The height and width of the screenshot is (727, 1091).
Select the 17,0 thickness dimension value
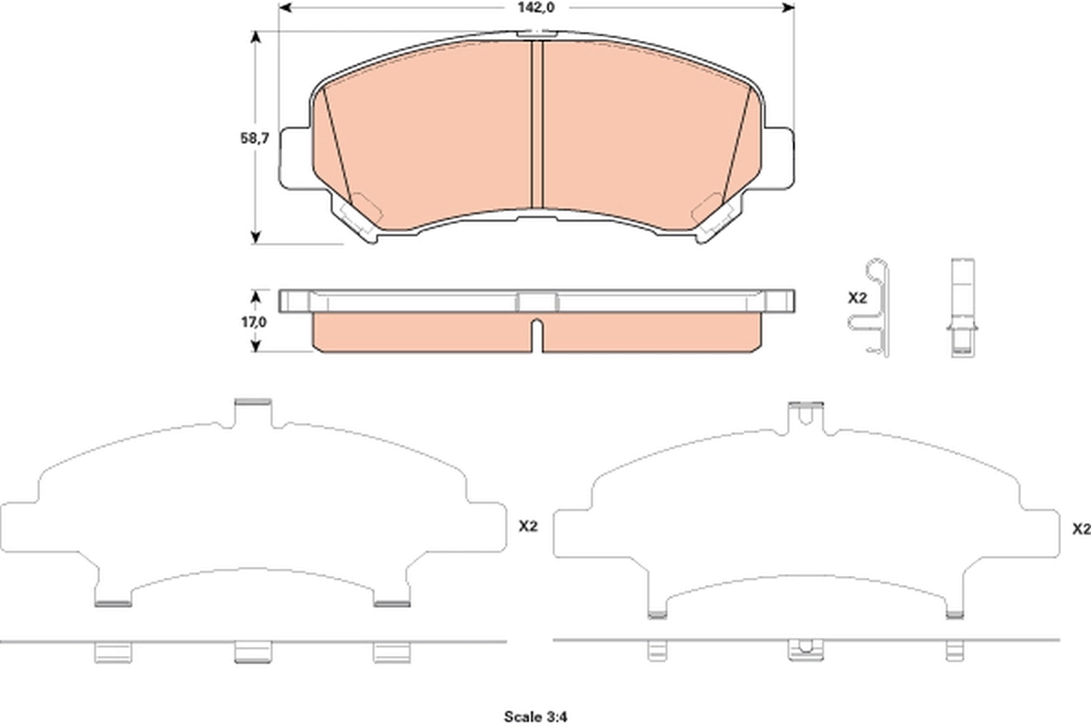255,322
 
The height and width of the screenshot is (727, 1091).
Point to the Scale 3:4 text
535,716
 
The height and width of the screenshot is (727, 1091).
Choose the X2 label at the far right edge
1081,528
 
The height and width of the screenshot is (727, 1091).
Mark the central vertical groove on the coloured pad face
536,123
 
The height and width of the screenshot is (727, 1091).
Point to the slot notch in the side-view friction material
536,334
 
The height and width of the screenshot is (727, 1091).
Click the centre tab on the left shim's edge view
253,651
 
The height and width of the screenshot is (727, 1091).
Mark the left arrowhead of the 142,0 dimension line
283,7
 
